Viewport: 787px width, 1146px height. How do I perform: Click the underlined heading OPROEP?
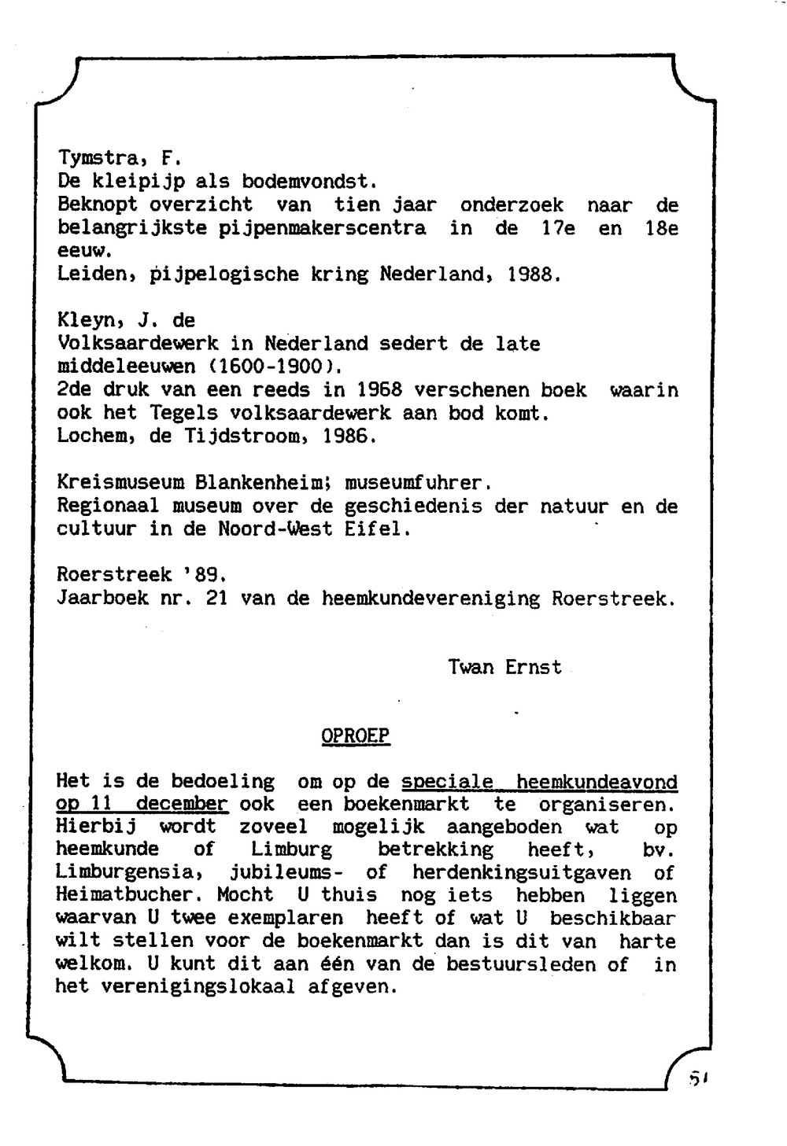355,736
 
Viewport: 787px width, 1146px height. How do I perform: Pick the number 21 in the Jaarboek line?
216,599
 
